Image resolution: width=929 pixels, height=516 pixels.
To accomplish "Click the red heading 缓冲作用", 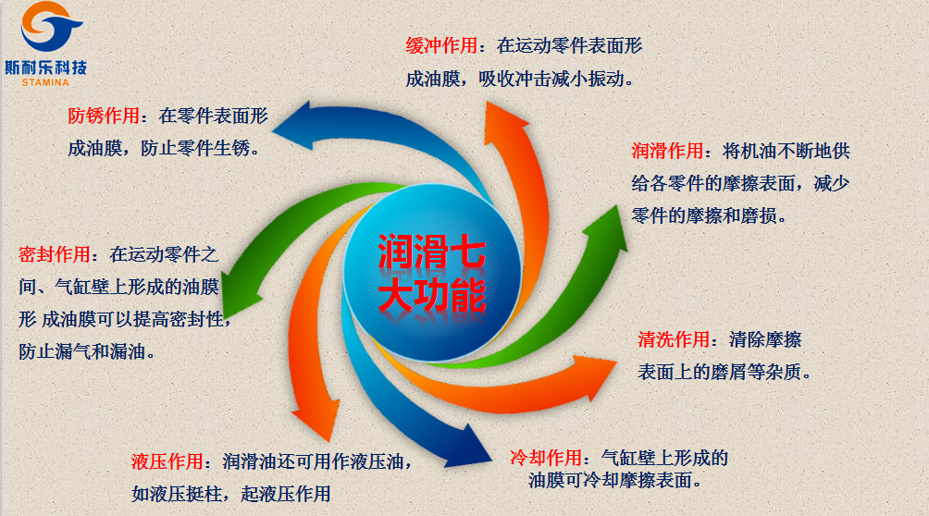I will (x=441, y=45).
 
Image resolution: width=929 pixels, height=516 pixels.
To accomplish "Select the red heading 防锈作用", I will (x=104, y=117).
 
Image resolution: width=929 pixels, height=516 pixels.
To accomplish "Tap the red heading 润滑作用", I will (x=667, y=151).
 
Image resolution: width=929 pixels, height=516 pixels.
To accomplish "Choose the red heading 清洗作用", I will (x=674, y=339).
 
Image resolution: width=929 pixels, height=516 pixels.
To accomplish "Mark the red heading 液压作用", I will (x=167, y=461).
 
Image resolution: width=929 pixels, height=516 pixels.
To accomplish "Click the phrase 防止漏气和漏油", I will (x=86, y=351).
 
